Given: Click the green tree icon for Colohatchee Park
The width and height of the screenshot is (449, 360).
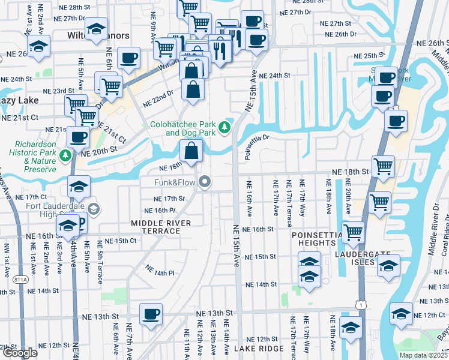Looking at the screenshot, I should coord(224,127).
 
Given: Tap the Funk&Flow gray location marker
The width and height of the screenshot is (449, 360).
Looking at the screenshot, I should coord(205,181).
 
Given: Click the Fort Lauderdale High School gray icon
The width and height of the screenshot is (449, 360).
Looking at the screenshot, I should coord(93,209).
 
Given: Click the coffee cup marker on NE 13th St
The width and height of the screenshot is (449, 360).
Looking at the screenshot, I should coord(151,313).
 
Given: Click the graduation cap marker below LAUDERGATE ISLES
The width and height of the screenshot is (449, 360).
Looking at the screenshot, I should coord(388,265).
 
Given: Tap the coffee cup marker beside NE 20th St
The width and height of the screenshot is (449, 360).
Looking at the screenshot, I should coord(78,137).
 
